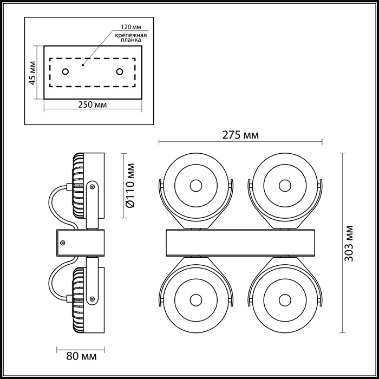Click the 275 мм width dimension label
pyautogui.click(x=240, y=135)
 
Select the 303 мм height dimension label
pyautogui.click(x=349, y=244)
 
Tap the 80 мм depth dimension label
pyautogui.click(x=81, y=356)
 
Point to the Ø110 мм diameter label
pyautogui.click(x=130, y=185)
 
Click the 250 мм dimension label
pyautogui.click(x=93, y=104)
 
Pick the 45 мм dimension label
pyautogui.click(x=32, y=73)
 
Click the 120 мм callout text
pyautogui.click(x=131, y=27)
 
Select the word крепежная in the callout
pyautogui.click(x=131, y=35)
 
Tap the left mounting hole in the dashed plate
pyautogui.click(x=66, y=71)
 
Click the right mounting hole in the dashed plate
pyautogui.click(x=120, y=71)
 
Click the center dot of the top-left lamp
pyautogui.click(x=196, y=186)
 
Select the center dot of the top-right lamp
pyautogui.click(x=285, y=186)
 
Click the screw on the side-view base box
pyautogui.click(x=63, y=243)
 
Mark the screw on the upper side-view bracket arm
pyautogui.click(x=92, y=187)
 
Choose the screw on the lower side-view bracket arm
pyautogui.click(x=92, y=299)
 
